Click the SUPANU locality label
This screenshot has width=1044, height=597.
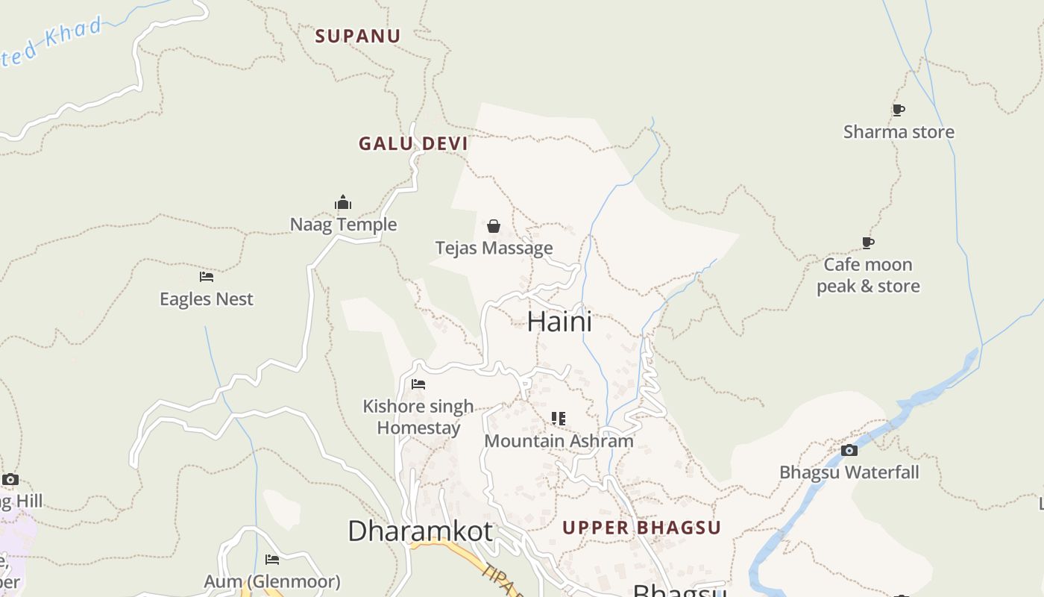coord(357,36)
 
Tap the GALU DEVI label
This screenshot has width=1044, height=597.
coord(413,144)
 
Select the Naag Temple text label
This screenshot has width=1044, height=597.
coord(343,225)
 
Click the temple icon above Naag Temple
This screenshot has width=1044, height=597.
coord(343,203)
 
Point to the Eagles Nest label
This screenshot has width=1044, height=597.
coord(207,299)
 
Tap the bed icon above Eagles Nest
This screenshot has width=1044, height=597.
coord(207,277)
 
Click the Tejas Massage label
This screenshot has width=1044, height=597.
coord(494,248)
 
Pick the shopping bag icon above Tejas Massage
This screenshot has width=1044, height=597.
coord(494,226)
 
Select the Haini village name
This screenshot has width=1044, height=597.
coord(559,322)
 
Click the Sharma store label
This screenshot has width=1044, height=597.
coord(899,132)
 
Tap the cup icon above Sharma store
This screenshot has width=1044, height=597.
coord(899,110)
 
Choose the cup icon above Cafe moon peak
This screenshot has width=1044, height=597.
coord(868,243)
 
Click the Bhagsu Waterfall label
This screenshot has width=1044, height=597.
coord(849,472)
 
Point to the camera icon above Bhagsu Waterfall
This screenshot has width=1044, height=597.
coord(849,450)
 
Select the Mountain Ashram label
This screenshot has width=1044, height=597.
coord(559,441)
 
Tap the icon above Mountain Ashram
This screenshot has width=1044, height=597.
coord(559,419)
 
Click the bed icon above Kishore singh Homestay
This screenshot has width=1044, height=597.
coord(418,384)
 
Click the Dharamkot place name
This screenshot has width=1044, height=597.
coord(420,531)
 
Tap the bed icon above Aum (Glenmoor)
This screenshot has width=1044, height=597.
coord(272,559)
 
